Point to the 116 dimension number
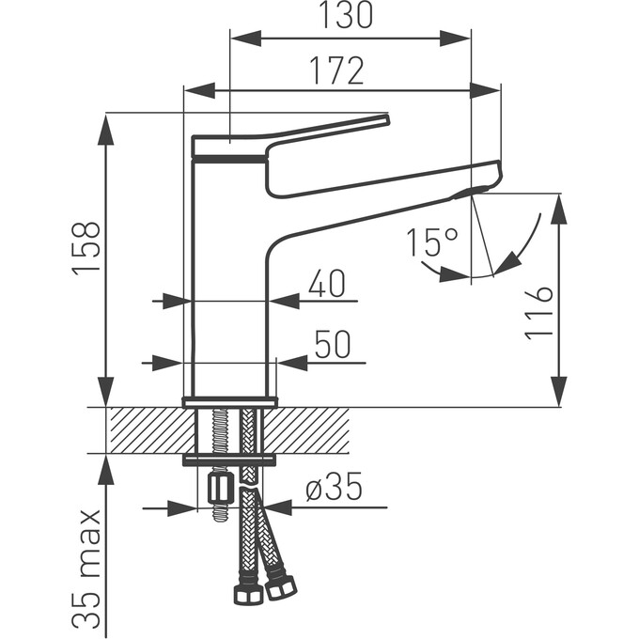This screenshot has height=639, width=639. coord(538,313)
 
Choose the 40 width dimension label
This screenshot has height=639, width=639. coord(327,284)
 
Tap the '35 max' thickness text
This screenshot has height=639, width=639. coord(87,569)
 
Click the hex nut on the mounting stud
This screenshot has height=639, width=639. coord(220,487)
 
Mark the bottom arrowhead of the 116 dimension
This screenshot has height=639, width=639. coord(558,393)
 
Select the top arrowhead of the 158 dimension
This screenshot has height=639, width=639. coord(105,127)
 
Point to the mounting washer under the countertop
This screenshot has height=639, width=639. coord(230,459)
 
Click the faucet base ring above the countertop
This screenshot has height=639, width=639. coord(230,402)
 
